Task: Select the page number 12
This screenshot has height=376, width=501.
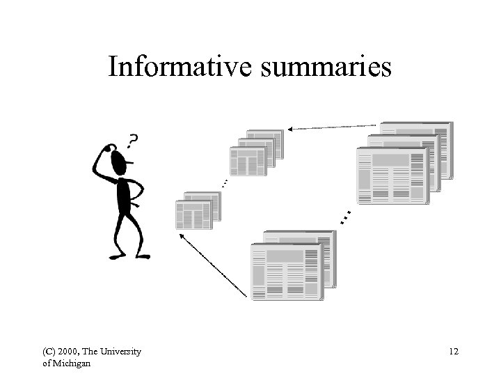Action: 454,352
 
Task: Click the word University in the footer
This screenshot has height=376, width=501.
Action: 121,352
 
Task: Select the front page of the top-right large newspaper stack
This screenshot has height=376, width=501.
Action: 391,175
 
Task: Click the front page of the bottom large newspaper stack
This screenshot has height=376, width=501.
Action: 286,272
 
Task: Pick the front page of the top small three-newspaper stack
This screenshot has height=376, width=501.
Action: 248,161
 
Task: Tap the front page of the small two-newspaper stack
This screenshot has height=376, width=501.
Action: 193,214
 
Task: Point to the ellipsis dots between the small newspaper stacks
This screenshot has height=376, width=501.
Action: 224,183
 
